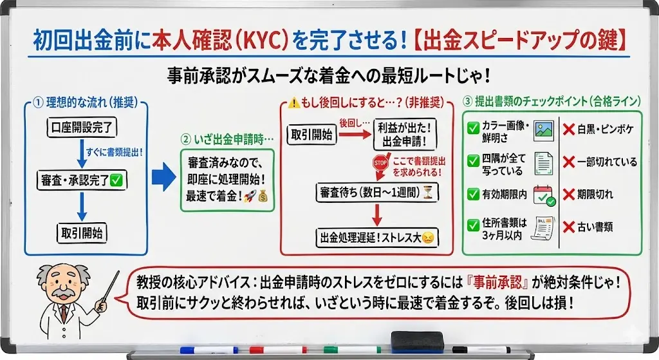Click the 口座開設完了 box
(82, 128)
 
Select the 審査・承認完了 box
(82, 180)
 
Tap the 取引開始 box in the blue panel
(82, 233)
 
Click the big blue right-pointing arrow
(164, 177)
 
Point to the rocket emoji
(250, 196)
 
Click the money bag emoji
(263, 196)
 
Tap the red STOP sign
(380, 163)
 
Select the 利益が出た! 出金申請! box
(405, 134)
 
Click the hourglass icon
(428, 193)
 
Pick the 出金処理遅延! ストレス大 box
(377, 238)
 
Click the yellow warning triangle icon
(294, 102)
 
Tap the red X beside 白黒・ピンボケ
(569, 129)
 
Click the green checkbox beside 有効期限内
(473, 194)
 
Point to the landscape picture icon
(544, 130)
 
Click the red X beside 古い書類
(569, 227)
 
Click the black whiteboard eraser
(417, 341)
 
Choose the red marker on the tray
(278, 350)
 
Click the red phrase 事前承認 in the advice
(497, 282)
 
